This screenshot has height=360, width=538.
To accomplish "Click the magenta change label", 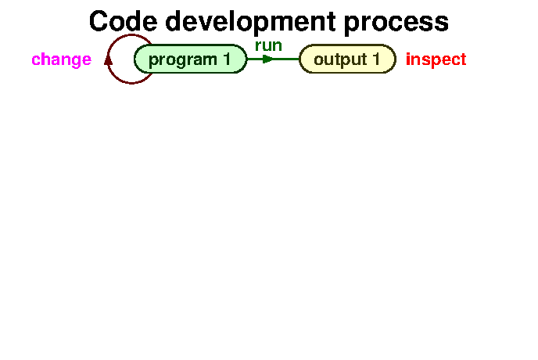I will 61,59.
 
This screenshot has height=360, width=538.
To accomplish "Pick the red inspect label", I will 436,59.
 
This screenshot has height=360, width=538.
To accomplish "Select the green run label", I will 268,45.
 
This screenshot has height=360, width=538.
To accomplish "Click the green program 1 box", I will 191,59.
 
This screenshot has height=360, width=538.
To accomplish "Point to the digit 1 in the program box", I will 228,59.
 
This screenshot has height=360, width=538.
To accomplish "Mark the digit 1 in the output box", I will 376,59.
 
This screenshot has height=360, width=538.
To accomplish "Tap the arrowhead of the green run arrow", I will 268,59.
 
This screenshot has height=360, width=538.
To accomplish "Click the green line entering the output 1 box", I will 288,59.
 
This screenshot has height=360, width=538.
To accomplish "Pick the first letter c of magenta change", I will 36,60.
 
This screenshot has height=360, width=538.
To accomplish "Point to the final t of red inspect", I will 463,59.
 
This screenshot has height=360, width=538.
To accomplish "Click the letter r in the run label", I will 258,46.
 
